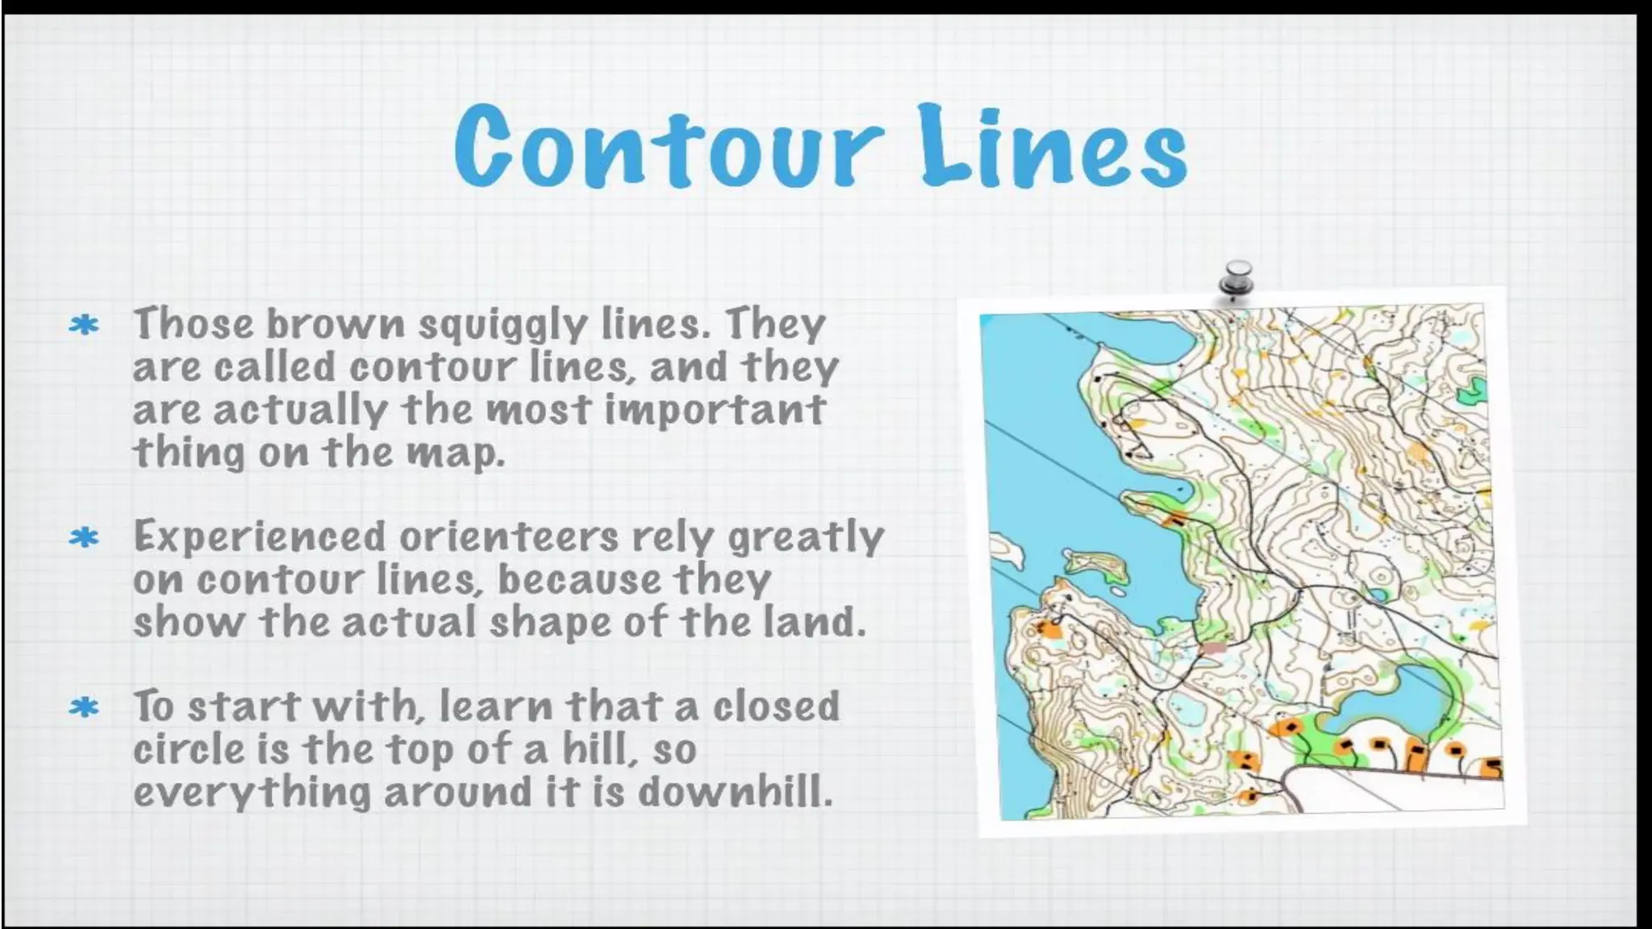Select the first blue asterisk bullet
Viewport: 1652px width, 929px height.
[84, 326]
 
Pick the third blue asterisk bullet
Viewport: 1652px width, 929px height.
[84, 708]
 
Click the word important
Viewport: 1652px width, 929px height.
[715, 410]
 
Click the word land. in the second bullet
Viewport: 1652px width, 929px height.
[814, 622]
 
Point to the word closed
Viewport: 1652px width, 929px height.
[776, 706]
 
